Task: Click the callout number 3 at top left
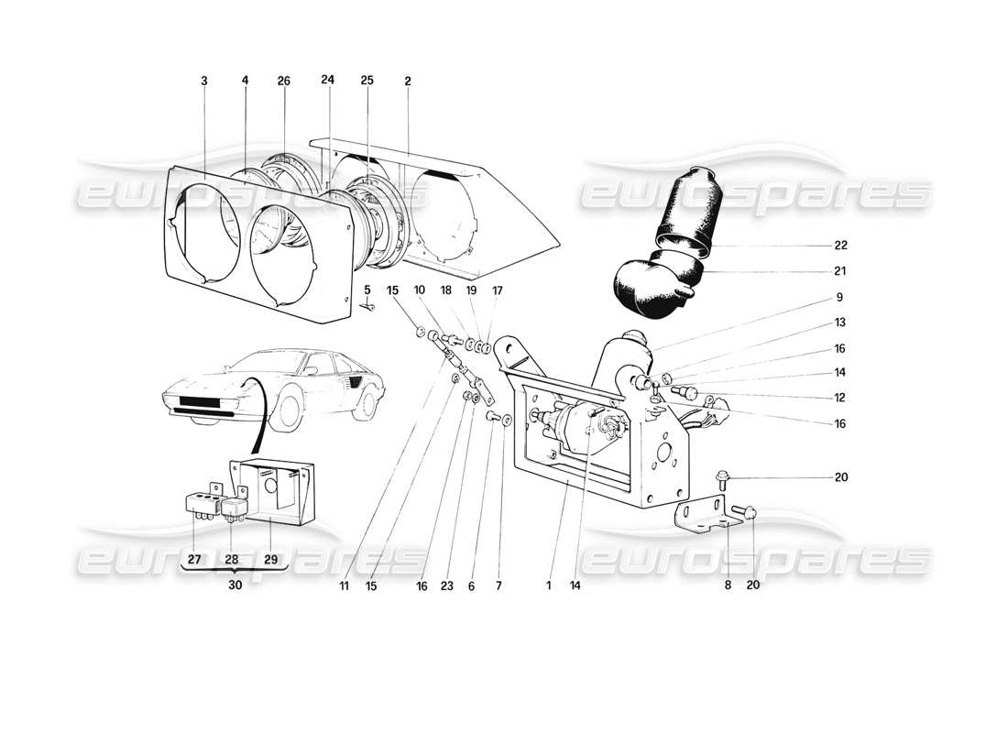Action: [203, 81]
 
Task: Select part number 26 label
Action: [283, 81]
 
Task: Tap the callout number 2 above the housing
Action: [408, 81]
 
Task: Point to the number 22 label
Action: [840, 246]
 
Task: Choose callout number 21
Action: [840, 271]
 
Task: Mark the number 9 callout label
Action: [840, 298]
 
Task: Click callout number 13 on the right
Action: [840, 323]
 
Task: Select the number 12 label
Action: [840, 398]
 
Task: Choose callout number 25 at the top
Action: [367, 81]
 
